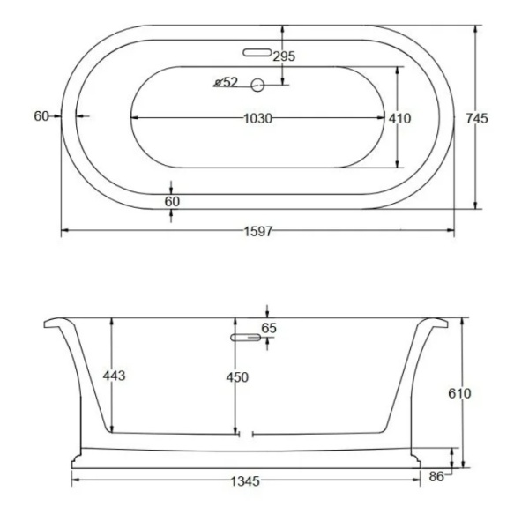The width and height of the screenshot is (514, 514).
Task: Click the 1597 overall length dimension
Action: point(258,231)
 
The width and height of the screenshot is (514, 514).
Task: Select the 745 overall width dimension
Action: point(477,118)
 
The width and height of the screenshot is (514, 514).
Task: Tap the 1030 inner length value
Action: point(258,118)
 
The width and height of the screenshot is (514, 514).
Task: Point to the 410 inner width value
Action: point(399,118)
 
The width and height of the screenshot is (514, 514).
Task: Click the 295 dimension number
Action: point(284,56)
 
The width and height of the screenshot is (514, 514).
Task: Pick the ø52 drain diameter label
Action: point(226,82)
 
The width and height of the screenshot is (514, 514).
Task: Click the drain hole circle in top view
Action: point(257,86)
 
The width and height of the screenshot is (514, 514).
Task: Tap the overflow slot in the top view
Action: point(257,52)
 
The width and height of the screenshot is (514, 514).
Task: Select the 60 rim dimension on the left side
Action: point(41,116)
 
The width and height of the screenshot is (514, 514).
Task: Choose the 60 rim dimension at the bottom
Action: point(172,202)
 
